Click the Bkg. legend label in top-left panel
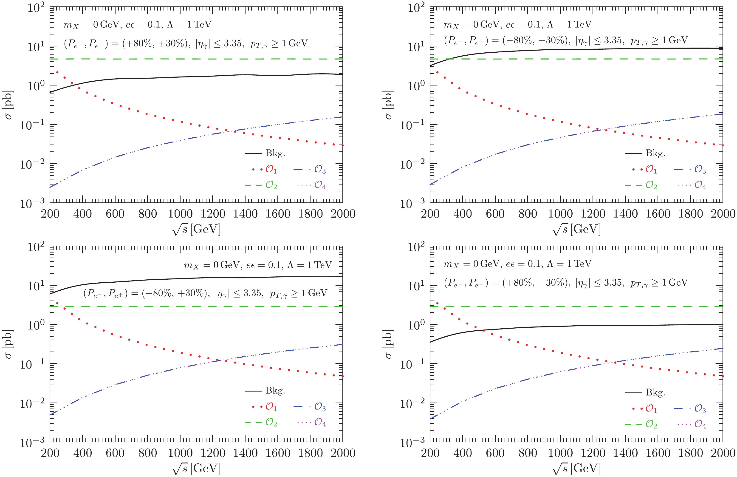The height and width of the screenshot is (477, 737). point(275,153)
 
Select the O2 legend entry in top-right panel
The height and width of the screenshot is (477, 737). point(651,185)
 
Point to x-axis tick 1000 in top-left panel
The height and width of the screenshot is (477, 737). point(180,214)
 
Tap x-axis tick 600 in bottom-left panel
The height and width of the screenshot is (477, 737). point(115,453)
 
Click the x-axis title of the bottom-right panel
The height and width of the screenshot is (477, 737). point(576,468)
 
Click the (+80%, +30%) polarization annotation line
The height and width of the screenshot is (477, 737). point(186,43)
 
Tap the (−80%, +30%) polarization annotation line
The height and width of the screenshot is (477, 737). point(205,293)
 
